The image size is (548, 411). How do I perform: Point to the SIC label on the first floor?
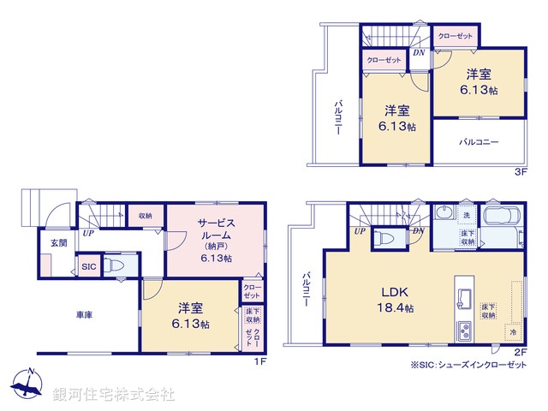click(x=89, y=267)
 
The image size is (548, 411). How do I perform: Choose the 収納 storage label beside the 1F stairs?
click(x=146, y=216)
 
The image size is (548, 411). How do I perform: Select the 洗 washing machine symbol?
click(x=467, y=214)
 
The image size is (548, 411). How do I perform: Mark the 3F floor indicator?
click(x=519, y=171)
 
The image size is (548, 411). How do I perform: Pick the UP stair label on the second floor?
click(x=360, y=231)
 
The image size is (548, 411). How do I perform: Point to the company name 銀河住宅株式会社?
click(x=114, y=395)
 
